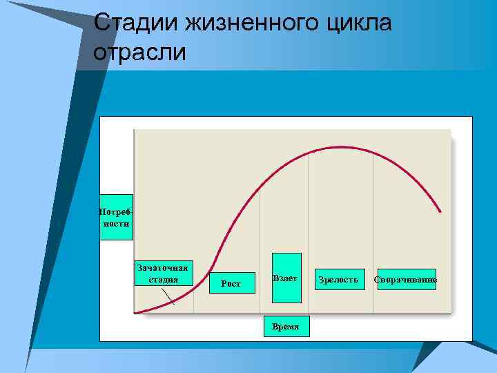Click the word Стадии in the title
tap(135, 23)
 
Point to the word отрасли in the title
tap(139, 52)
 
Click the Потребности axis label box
tap(116, 216)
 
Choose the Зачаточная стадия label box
tap(163, 273)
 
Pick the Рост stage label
tap(231, 283)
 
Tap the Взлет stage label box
tap(286, 278)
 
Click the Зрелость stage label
tap(338, 279)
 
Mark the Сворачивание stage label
tap(406, 279)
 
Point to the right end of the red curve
tap(440, 211)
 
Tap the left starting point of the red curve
tap(136, 312)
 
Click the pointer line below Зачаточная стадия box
tap(168, 295)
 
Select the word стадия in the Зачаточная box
tap(163, 280)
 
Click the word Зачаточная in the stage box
tap(163, 267)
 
